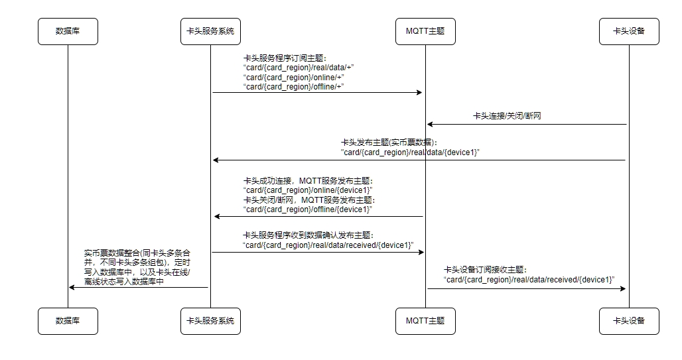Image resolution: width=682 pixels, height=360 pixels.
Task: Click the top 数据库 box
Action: coord(68,31)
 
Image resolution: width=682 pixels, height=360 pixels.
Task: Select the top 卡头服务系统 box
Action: coord(210,31)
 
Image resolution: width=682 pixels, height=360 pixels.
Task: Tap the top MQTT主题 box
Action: coord(425,31)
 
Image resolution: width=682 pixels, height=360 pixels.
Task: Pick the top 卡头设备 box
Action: coord(629,31)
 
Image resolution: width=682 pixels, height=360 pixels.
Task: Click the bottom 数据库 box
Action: coord(68,322)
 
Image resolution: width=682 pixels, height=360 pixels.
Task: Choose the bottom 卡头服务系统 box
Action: coord(210,322)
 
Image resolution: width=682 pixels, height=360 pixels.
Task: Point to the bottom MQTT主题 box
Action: coord(425,322)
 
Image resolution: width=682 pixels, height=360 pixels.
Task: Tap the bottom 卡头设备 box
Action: coord(629,322)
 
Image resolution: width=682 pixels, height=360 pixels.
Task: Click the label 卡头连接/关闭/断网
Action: coord(507,116)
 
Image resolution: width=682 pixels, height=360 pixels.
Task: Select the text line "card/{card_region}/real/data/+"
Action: coord(299,68)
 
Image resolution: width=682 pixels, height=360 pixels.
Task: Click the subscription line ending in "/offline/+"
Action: coord(294,87)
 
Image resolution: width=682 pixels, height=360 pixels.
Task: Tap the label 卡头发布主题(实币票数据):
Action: coord(389,143)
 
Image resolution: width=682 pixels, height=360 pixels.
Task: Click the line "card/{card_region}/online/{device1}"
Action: coord(308,190)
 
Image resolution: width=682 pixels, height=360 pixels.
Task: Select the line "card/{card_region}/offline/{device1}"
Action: coord(308,210)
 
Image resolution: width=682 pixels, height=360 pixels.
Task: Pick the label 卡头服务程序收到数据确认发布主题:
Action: coord(308,235)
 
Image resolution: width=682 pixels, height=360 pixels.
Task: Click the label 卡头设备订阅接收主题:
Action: coord(485,270)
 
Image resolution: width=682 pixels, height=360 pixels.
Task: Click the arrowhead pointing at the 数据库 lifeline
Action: coord(72,287)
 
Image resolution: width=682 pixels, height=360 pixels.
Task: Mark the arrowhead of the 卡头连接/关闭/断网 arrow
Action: coord(430,125)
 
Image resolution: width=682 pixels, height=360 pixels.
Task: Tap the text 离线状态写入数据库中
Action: coord(124,282)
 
